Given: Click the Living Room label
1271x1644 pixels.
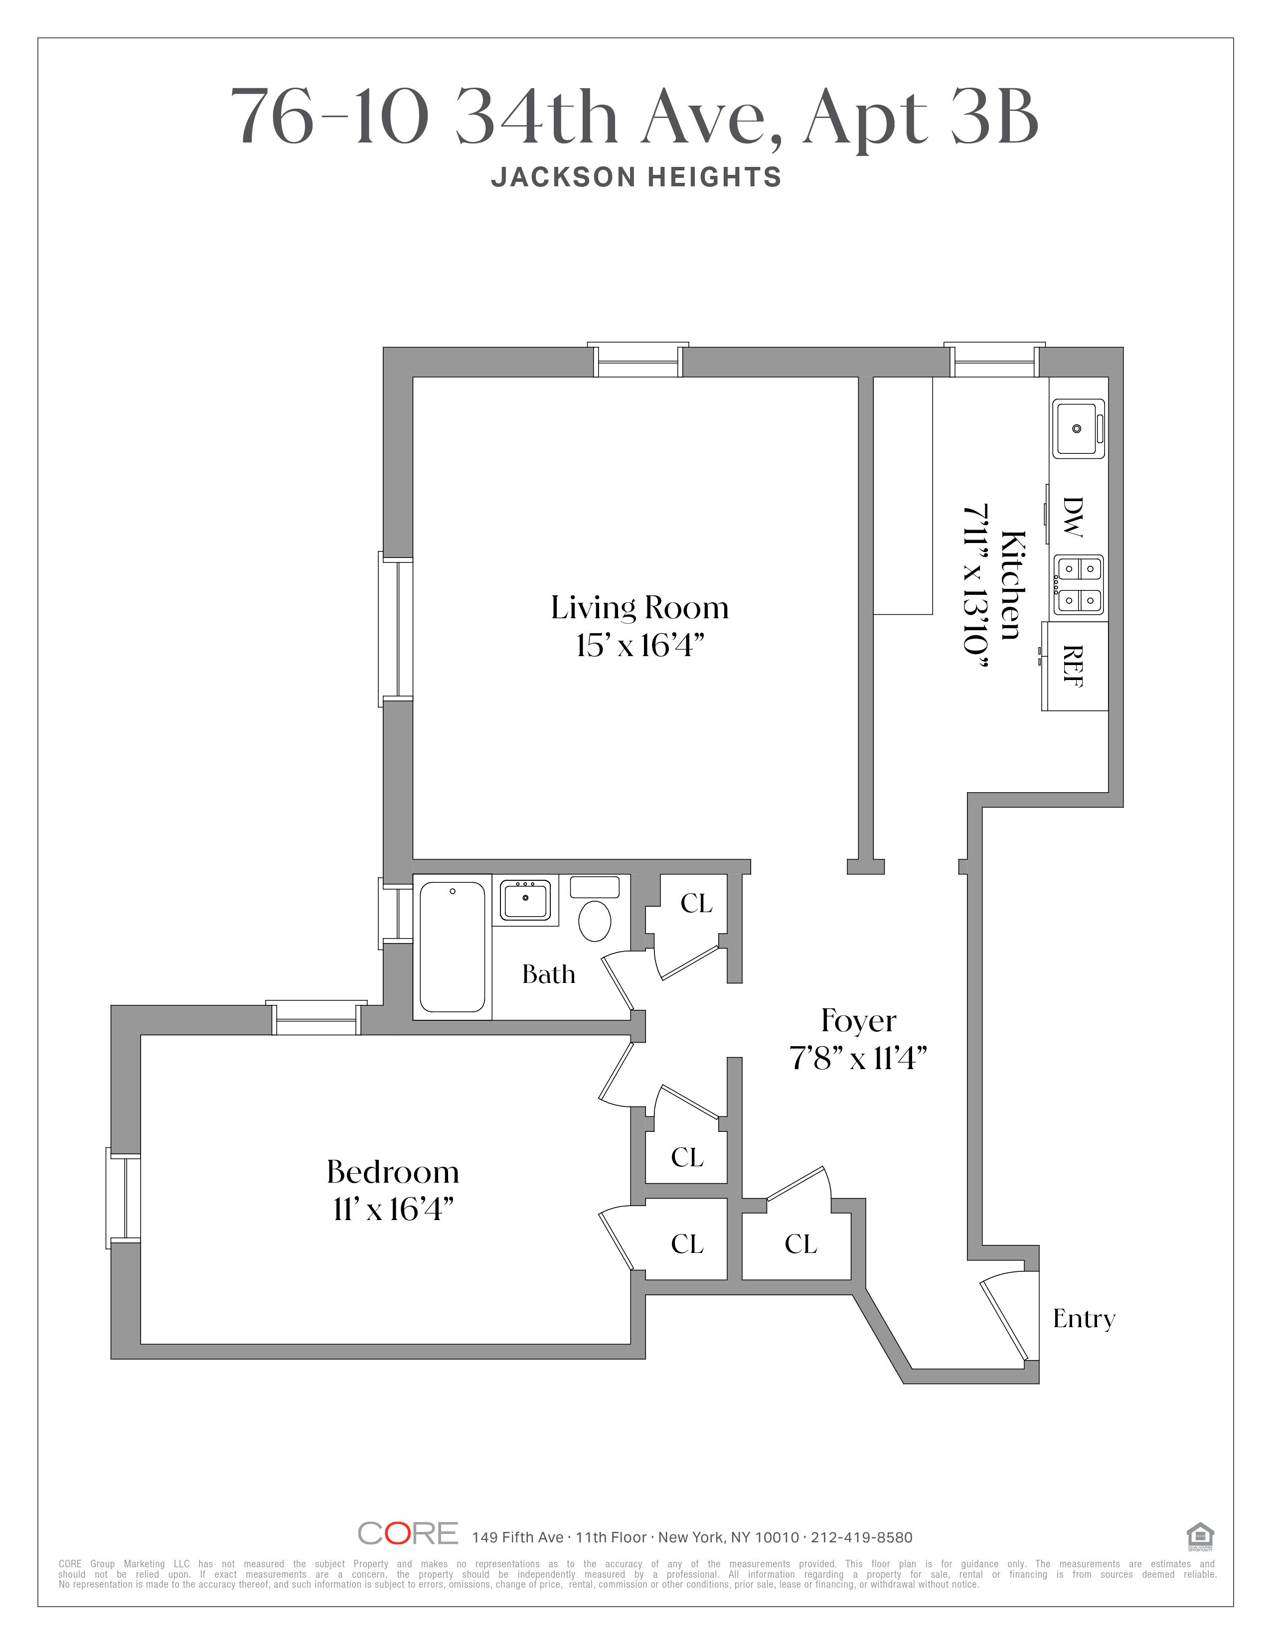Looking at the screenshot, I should (x=639, y=607).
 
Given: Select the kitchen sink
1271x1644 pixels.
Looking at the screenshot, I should (x=1078, y=428).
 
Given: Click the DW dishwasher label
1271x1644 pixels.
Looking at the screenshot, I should (x=1072, y=517).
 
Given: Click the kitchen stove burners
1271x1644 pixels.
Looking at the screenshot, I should (x=1078, y=584).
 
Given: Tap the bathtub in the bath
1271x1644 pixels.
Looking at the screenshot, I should (x=452, y=947).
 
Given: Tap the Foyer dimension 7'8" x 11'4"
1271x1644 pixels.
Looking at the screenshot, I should (x=858, y=1059).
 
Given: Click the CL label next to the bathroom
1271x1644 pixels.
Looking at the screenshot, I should (x=696, y=903).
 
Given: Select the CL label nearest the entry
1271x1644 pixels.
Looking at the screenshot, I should (x=800, y=1244).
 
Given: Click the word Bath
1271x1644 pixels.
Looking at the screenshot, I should (x=548, y=975).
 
